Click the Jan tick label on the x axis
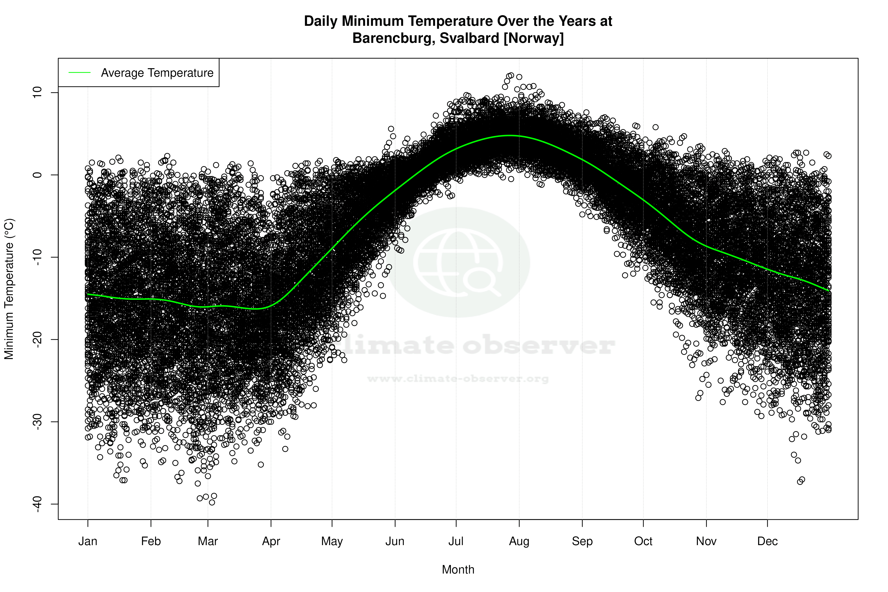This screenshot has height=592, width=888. pyautogui.click(x=88, y=541)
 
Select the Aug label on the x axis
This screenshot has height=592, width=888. pyautogui.click(x=519, y=541)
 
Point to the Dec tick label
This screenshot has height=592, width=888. pyautogui.click(x=767, y=541)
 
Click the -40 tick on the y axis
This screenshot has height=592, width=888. pyautogui.click(x=38, y=504)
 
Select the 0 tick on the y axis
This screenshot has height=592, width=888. pyautogui.click(x=38, y=175)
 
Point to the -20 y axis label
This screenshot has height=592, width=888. pyautogui.click(x=38, y=339)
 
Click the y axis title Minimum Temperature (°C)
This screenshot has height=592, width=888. pyautogui.click(x=9, y=289)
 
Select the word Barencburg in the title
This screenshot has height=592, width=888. pyautogui.click(x=393, y=38)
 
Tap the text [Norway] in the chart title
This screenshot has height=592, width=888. pyautogui.click(x=534, y=38)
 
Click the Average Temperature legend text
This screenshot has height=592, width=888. pyautogui.click(x=157, y=73)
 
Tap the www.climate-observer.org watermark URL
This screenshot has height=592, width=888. pyautogui.click(x=458, y=379)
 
